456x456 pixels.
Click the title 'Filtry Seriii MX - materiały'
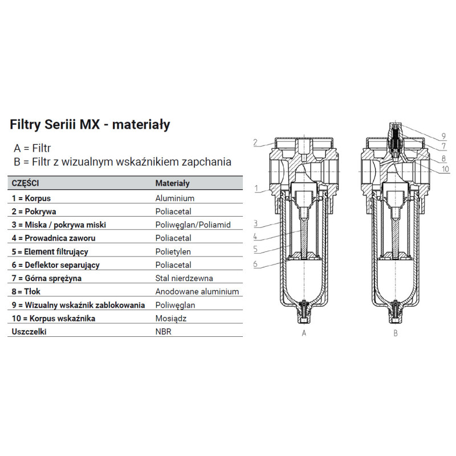pyautogui.click(x=90, y=124)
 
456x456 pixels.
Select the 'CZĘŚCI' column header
pyautogui.click(x=26, y=184)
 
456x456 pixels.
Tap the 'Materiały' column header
pyautogui.click(x=173, y=184)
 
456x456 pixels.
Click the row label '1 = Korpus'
pyautogui.click(x=31, y=198)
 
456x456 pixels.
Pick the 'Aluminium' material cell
pyautogui.click(x=175, y=198)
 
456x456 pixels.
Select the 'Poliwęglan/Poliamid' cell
pyautogui.click(x=193, y=225)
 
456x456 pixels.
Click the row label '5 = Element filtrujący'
pyautogui.click(x=49, y=251)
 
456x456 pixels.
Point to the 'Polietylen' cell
pyautogui.click(x=173, y=251)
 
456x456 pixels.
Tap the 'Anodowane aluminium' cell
pyautogui.click(x=197, y=291)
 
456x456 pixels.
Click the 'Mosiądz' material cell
pyautogui.click(x=171, y=318)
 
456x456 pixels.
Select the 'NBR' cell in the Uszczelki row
pyautogui.click(x=163, y=331)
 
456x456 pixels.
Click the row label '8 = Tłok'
pyautogui.click(x=27, y=291)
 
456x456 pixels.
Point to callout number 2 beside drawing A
pyautogui.click(x=256, y=142)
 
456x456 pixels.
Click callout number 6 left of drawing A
pyautogui.click(x=256, y=264)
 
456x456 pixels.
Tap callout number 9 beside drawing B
pyautogui.click(x=442, y=136)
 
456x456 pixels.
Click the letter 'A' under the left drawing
pyautogui.click(x=304, y=333)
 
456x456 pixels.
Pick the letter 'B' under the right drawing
pyautogui.click(x=395, y=333)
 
